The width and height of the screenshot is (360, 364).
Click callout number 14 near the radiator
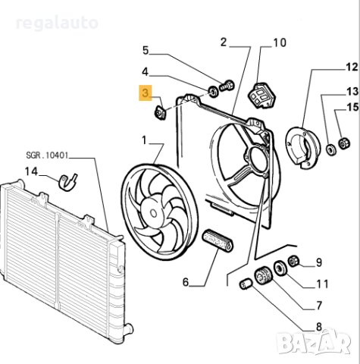pyautogui.click(x=30, y=171)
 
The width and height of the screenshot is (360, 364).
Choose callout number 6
pyautogui.click(x=184, y=283)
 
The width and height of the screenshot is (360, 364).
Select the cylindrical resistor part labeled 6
pyautogui.click(x=218, y=243)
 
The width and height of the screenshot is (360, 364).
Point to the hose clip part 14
pyautogui.click(x=69, y=182)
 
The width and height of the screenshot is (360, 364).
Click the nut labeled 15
pyautogui.click(x=342, y=143)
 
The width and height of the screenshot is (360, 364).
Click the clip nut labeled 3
pyautogui.click(x=160, y=114)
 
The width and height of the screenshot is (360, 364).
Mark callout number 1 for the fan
pyautogui.click(x=144, y=140)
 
